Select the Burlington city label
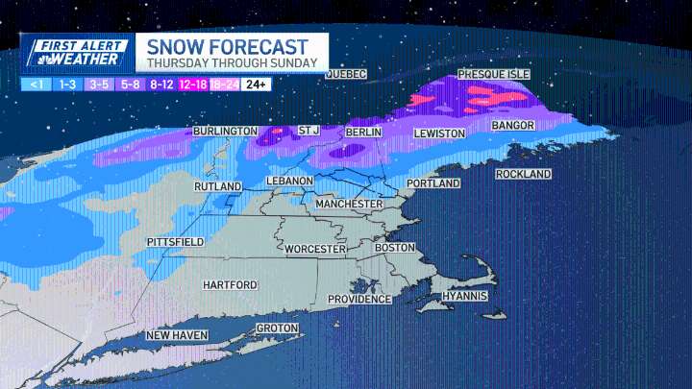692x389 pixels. (225, 131)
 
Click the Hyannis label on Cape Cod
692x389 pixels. (465, 296)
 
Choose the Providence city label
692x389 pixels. (359, 299)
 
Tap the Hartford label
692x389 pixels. (230, 285)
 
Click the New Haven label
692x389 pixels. (178, 335)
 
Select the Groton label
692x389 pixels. (276, 328)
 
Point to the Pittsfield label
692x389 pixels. (175, 242)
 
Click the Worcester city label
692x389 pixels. (314, 249)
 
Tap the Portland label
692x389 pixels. (433, 182)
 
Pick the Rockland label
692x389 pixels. (524, 174)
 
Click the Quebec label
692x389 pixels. (348, 74)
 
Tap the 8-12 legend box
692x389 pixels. (161, 85)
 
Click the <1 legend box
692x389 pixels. (36, 85)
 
